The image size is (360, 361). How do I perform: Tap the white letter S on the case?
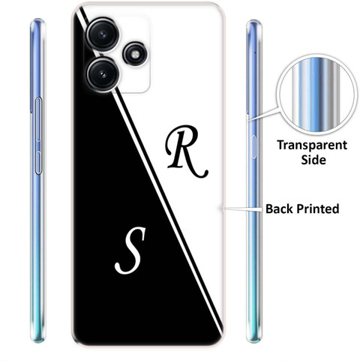coord(130,251)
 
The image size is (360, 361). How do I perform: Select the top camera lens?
coord(103,34)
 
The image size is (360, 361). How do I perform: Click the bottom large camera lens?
coord(103,74)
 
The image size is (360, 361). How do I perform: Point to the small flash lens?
coord(135,54)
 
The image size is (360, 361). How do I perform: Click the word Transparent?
coord(312,146)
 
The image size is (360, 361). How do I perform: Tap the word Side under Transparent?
coord(313,160)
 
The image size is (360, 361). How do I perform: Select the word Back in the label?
coord(279,209)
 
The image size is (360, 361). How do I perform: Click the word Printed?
coord(318,209)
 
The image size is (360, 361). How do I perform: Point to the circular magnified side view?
coord(316,95)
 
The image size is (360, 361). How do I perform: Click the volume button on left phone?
coord(38,119)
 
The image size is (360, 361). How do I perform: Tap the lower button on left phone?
coord(38,163)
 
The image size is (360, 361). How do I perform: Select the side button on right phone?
coord(254,147)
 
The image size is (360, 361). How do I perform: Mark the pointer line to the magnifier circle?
coord(263,114)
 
